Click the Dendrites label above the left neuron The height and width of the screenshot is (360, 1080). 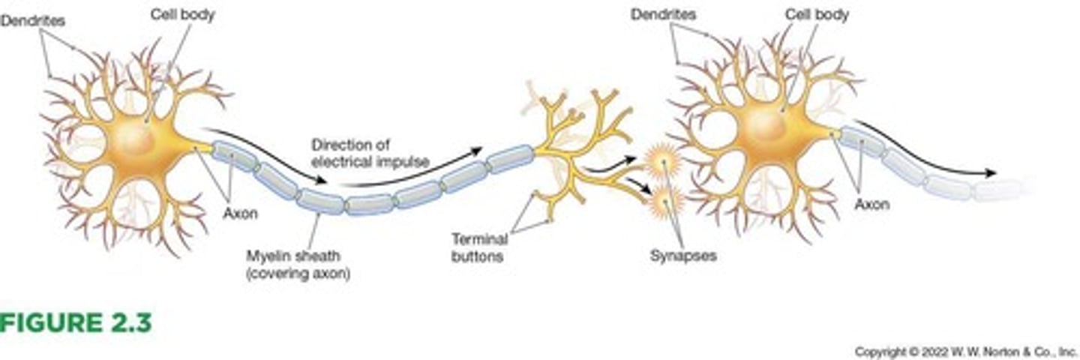pos(32,20)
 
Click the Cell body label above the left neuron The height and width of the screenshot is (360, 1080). pos(182,15)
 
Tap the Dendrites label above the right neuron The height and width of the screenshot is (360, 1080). pos(663,14)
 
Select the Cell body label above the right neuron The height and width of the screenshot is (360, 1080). pos(817,15)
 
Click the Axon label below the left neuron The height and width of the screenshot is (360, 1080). pos(240,213)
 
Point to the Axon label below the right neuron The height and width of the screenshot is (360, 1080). pos(871,204)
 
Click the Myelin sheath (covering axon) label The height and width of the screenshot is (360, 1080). pos(298,265)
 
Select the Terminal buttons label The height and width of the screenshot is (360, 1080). pos(479,247)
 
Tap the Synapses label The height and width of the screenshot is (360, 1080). pos(682,256)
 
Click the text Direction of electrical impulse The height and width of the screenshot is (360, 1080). pos(370,152)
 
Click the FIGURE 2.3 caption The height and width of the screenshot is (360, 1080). pos(75,322)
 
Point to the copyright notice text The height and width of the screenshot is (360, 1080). pos(965,351)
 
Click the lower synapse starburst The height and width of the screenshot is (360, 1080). pos(664,200)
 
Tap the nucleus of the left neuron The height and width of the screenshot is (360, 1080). pos(135,139)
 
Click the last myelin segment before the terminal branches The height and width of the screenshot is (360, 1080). pos(510,158)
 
